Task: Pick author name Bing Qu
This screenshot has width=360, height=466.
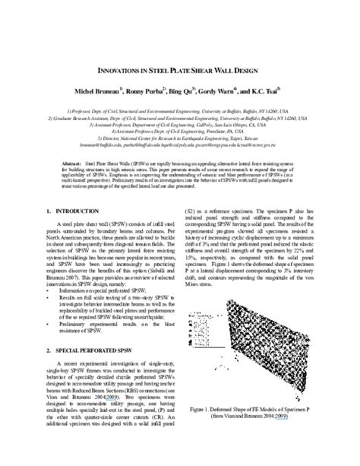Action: (179, 90)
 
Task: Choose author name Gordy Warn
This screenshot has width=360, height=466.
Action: (218, 90)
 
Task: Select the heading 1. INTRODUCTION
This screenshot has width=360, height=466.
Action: (71, 209)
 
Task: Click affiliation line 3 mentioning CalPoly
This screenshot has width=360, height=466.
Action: (180, 125)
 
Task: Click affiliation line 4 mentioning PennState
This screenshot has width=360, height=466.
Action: (180, 132)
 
